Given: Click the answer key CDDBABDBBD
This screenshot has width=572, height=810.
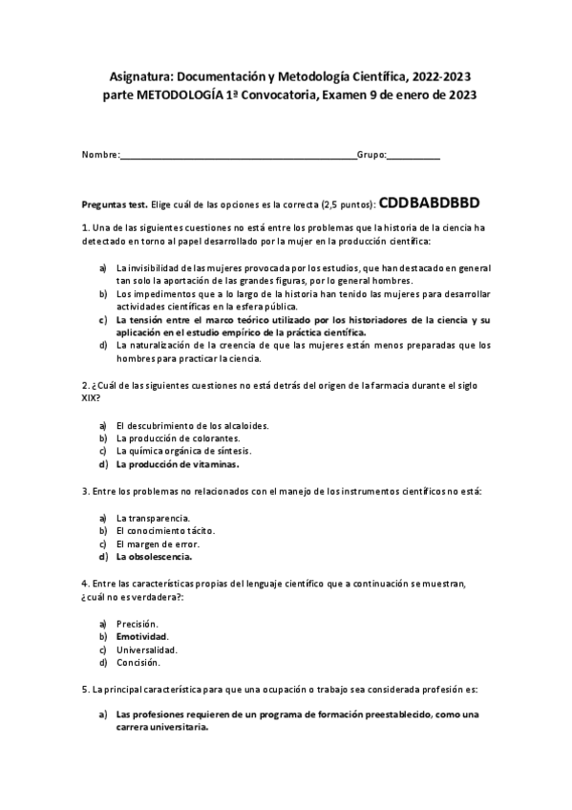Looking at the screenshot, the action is (x=429, y=202).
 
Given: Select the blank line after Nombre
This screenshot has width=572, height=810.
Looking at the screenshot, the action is (x=238, y=155).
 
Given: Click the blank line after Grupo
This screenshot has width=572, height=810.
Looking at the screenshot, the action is (x=413, y=155).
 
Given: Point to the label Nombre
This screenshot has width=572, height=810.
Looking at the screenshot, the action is (x=100, y=155).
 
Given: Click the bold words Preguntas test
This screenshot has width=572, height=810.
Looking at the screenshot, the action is (x=115, y=204).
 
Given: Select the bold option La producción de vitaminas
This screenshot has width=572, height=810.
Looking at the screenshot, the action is (x=177, y=464).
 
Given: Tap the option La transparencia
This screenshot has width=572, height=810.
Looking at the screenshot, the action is (x=152, y=517).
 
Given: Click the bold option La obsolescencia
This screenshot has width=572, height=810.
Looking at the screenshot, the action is (x=154, y=556).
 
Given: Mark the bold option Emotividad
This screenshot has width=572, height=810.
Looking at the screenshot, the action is (x=141, y=635).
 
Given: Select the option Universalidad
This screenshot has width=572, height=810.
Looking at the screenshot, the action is (x=146, y=649).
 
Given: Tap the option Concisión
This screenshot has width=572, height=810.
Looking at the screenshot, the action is (x=138, y=661).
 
